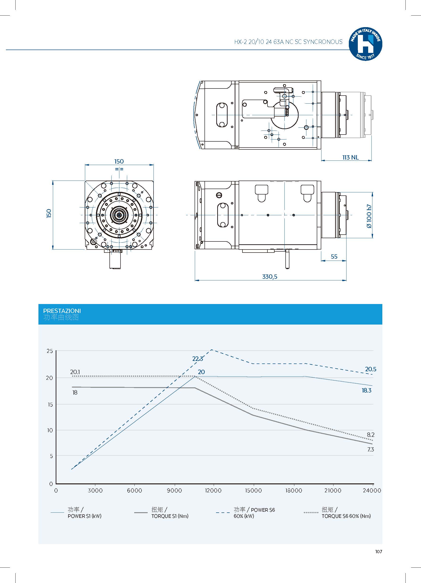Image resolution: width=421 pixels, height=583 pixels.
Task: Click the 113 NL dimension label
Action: coord(350,157)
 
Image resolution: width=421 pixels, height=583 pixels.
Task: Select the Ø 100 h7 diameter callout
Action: coord(369,216)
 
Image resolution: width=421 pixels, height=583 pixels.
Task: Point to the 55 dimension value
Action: coord(334,257)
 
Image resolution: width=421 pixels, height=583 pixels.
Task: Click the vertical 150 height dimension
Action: coord(49,213)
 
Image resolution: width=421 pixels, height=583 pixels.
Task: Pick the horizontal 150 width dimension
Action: coord(119,161)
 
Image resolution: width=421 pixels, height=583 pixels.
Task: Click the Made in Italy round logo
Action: coord(365,44)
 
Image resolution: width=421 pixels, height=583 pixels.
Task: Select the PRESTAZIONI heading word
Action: coord(62,311)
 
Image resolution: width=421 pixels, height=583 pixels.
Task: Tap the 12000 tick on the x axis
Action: coord(213,490)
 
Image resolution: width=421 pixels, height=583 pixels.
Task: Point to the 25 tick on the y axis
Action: coord(50,351)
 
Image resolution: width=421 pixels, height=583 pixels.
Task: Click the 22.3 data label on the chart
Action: coord(198,359)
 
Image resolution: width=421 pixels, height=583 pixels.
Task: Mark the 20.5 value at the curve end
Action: coord(370,369)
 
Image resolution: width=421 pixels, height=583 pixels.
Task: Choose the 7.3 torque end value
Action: coord(370,449)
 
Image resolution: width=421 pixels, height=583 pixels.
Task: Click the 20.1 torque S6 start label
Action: coord(75,372)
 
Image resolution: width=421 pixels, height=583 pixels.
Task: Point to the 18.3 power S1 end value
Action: coord(367,390)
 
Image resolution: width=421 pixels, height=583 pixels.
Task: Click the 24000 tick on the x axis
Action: coord(372,490)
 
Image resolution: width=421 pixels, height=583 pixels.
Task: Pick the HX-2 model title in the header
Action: coord(288,42)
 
